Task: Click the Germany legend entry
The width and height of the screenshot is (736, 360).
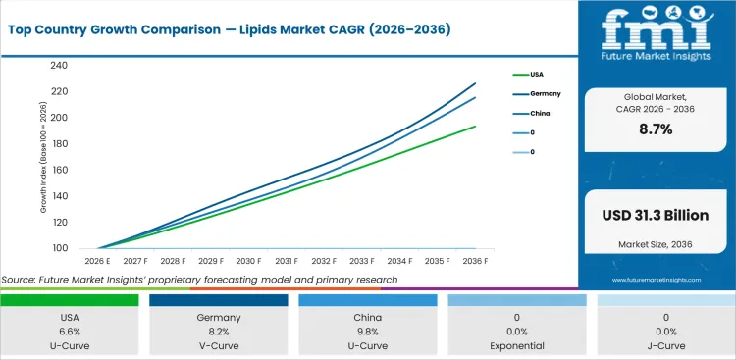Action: (x=545, y=93)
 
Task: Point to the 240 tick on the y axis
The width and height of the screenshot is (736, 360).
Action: (x=59, y=66)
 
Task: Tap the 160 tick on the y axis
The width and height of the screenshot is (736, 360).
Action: (x=59, y=170)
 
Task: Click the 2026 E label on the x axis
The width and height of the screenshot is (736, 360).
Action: (x=96, y=262)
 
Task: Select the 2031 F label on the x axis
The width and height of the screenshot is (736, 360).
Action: (x=287, y=262)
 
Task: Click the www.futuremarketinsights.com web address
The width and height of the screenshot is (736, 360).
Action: (x=655, y=280)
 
